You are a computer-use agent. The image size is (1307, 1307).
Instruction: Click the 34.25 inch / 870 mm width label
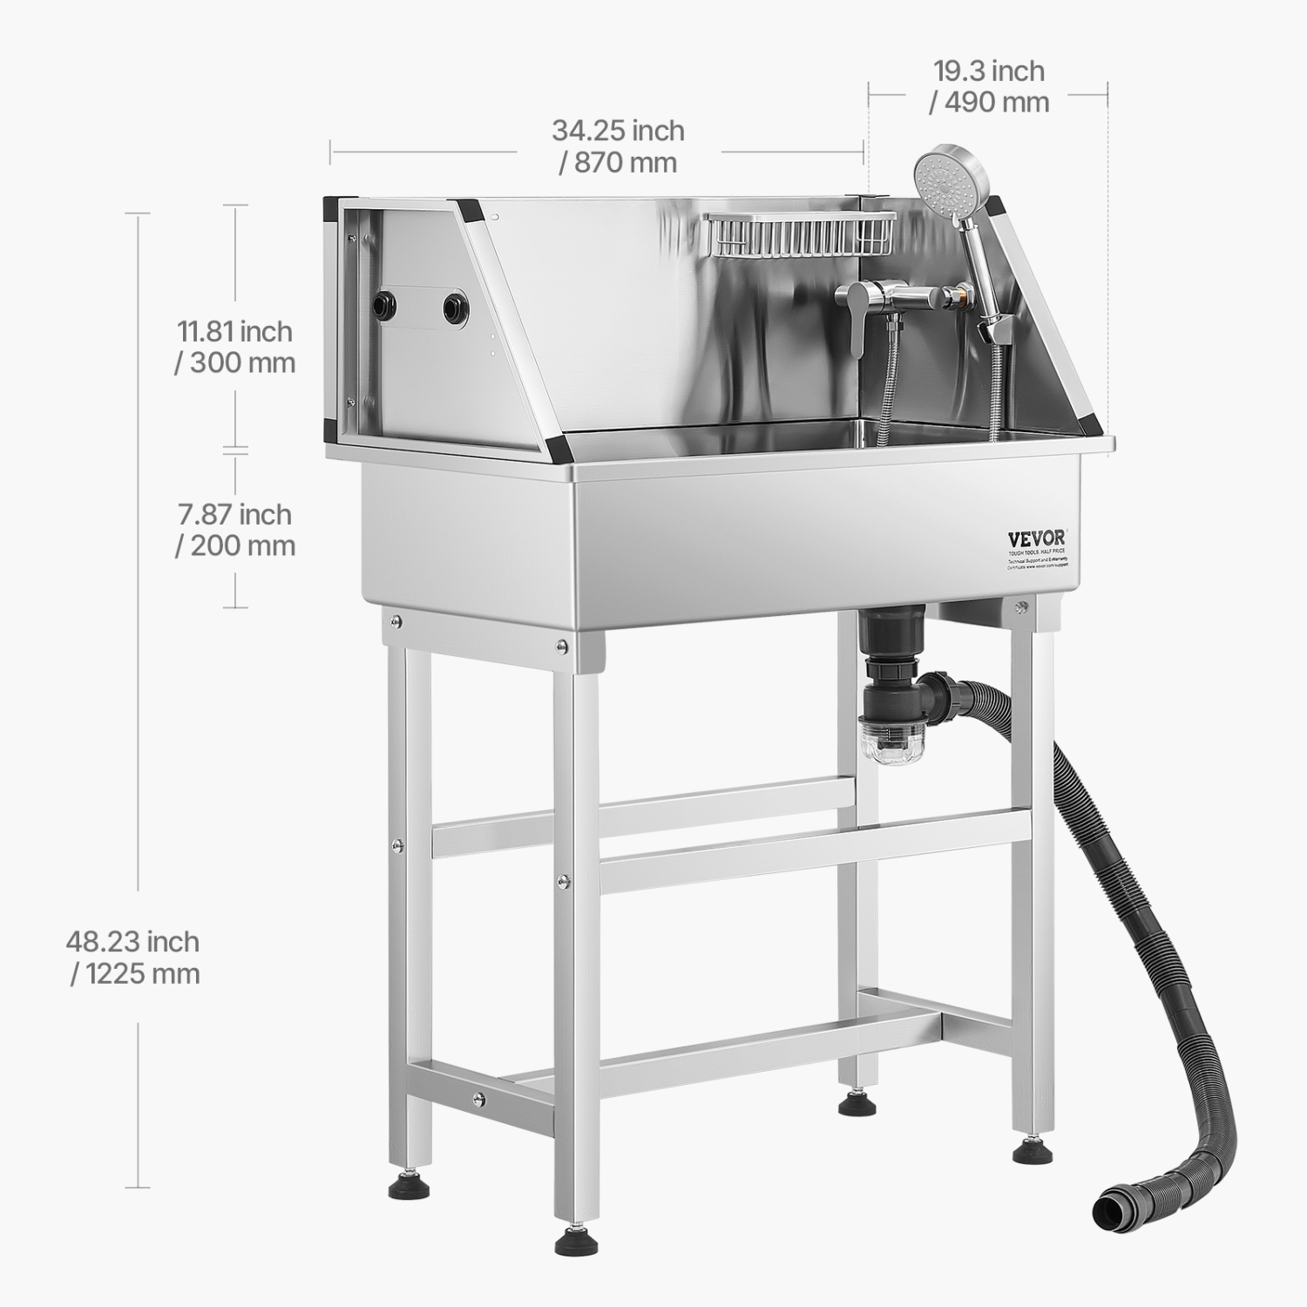(x=618, y=146)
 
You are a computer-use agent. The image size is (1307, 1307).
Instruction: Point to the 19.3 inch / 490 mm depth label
(x=989, y=85)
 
